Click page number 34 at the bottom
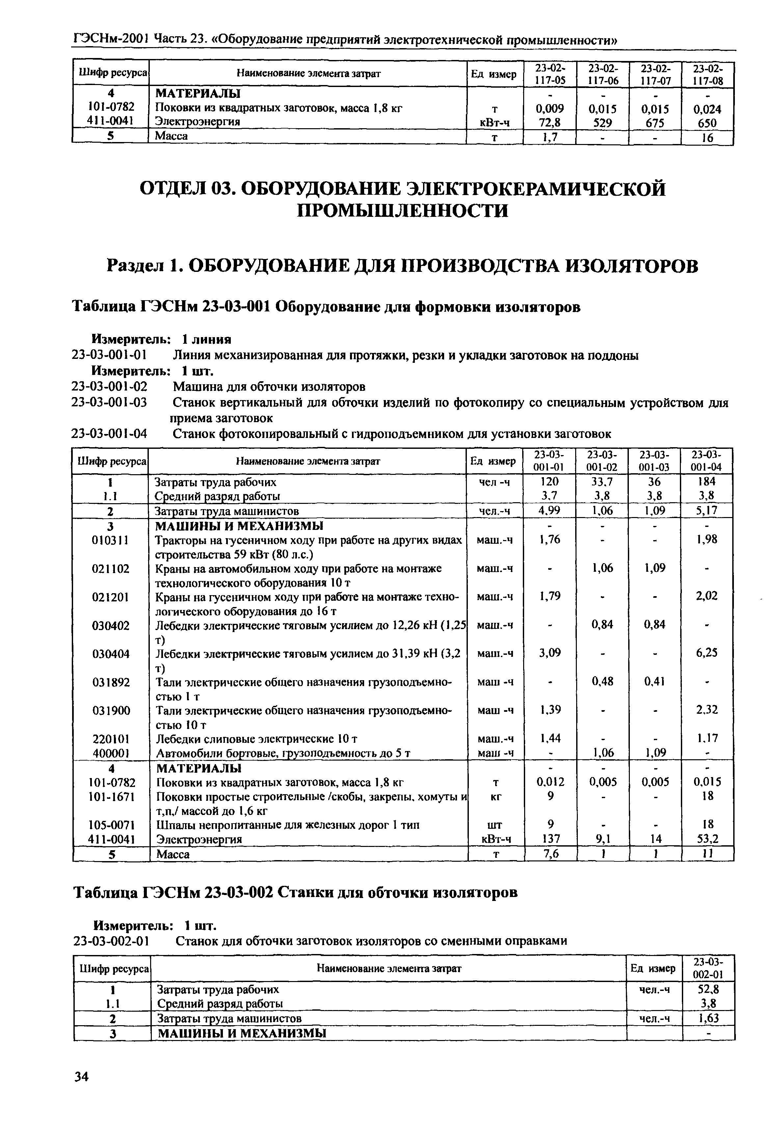pyautogui.click(x=81, y=1077)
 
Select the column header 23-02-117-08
pyautogui.click(x=707, y=74)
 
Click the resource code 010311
pyautogui.click(x=110, y=540)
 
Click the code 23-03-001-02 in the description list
pyautogui.click(x=109, y=387)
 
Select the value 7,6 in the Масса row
pyautogui.click(x=550, y=854)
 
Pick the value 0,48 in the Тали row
pyautogui.click(x=602, y=681)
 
